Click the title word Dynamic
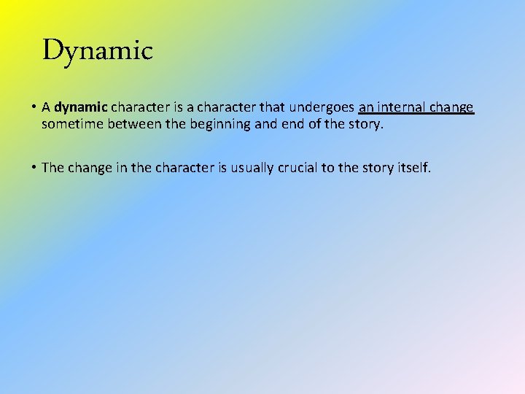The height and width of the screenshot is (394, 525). click(x=97, y=50)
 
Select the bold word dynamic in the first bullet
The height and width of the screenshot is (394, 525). click(x=80, y=108)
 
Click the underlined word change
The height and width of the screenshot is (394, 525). click(x=452, y=108)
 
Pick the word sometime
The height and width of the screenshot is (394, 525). click(x=73, y=124)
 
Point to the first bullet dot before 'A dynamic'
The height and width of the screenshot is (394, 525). click(x=34, y=108)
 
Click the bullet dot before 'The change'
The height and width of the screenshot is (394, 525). click(x=34, y=168)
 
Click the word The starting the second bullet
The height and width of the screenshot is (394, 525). click(x=53, y=168)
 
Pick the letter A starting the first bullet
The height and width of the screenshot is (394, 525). click(x=46, y=108)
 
